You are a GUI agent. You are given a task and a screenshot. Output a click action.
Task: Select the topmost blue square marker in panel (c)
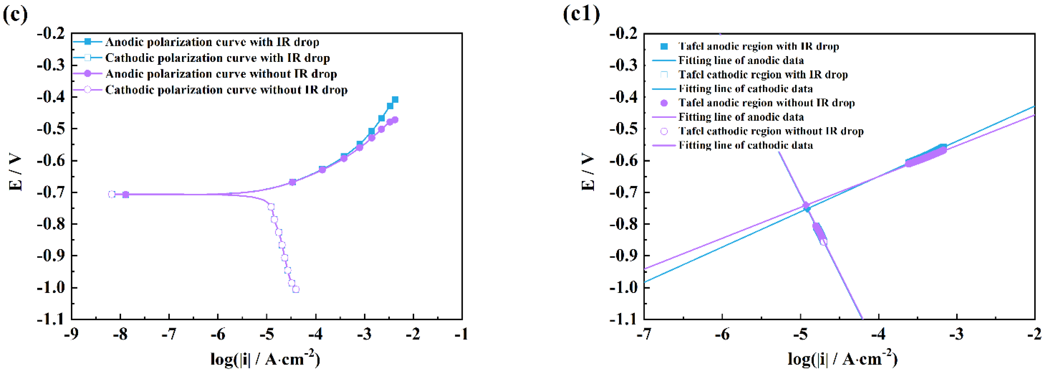click(395, 100)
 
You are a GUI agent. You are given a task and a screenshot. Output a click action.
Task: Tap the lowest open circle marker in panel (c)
click(296, 289)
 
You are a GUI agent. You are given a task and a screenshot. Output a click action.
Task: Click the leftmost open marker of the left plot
click(111, 194)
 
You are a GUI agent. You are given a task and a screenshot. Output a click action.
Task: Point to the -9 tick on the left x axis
click(71, 334)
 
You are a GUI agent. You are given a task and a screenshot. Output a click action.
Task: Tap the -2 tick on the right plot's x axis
click(1034, 334)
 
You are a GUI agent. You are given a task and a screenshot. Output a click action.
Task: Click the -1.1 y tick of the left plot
click(51, 319)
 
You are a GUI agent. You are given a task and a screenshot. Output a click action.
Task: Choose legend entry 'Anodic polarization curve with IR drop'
click(212, 42)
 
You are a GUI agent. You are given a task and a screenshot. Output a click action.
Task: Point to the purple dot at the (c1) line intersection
click(806, 205)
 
